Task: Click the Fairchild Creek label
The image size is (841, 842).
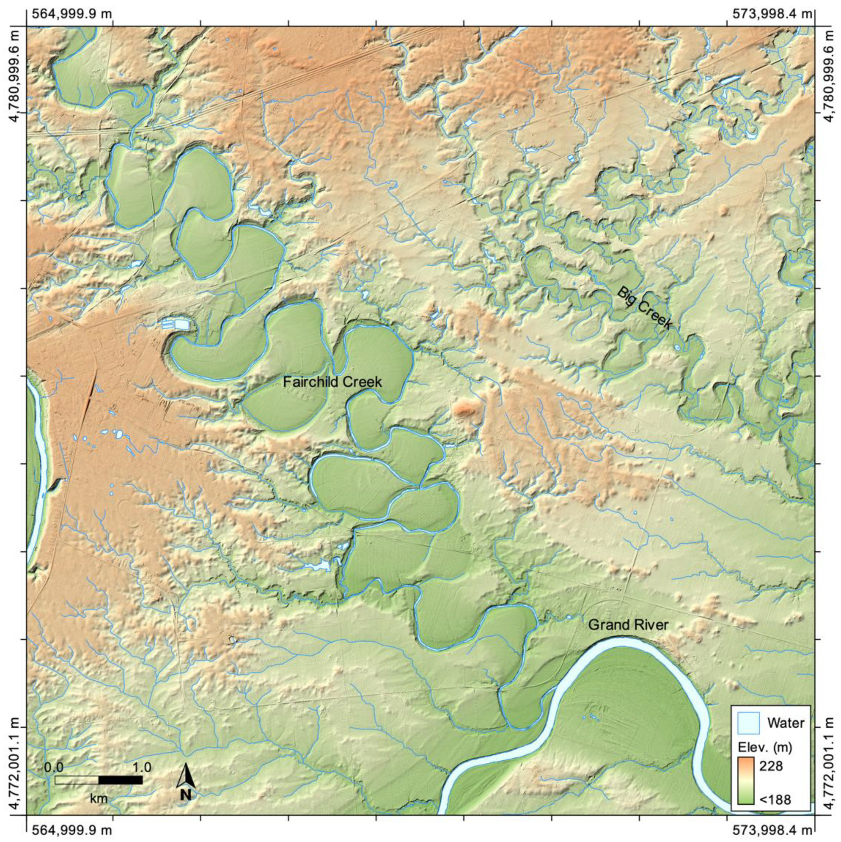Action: click(332, 382)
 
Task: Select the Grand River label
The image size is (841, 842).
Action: click(628, 625)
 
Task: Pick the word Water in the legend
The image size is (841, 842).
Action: click(786, 723)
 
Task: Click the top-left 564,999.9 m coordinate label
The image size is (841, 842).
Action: click(69, 14)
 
